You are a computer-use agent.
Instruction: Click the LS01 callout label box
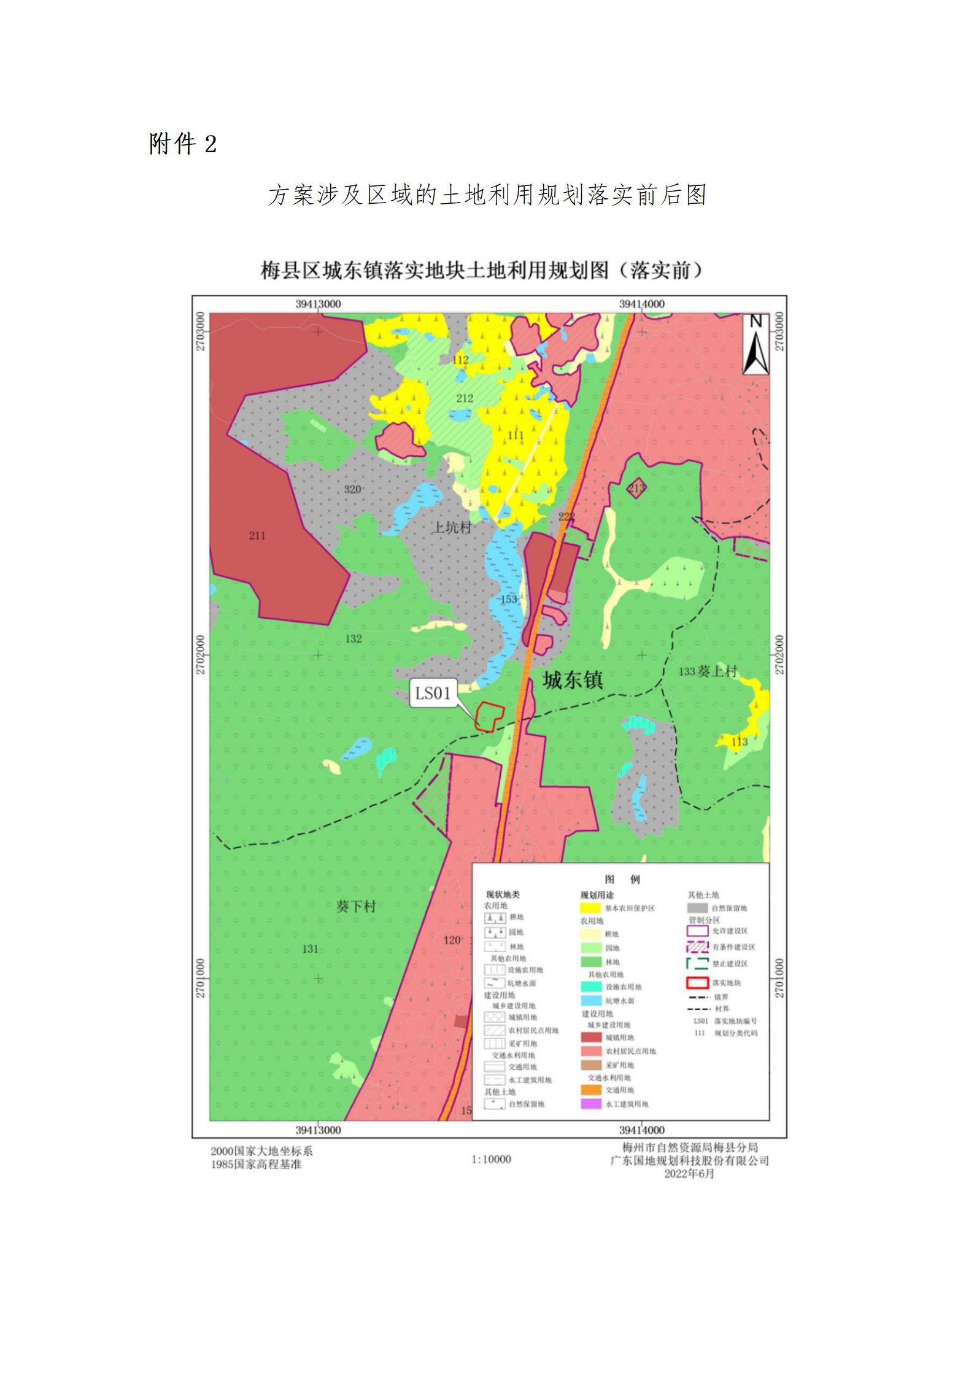[x=433, y=694]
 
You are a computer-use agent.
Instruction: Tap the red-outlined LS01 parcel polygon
[x=489, y=716]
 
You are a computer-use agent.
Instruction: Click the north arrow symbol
[x=756, y=344]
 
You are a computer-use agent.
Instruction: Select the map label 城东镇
[x=573, y=679]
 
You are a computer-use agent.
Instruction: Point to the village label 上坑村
[x=452, y=527]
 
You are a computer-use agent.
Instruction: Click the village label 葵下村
[x=356, y=906]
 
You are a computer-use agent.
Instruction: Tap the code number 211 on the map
[x=257, y=536]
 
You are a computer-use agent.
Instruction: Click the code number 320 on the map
[x=352, y=489]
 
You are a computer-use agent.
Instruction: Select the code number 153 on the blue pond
[x=509, y=599]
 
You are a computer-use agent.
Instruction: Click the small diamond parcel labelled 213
[x=637, y=489]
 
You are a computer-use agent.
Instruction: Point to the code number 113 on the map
[x=740, y=742]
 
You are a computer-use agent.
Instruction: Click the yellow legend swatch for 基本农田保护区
[x=590, y=908]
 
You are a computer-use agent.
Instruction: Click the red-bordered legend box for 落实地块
[x=697, y=983]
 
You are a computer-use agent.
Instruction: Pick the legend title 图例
[x=622, y=879]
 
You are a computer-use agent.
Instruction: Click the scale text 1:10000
[x=491, y=1159]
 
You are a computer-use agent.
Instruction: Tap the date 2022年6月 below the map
[x=689, y=1174]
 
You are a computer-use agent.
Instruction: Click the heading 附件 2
[x=183, y=145]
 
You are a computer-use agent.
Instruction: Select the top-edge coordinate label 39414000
[x=641, y=304]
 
